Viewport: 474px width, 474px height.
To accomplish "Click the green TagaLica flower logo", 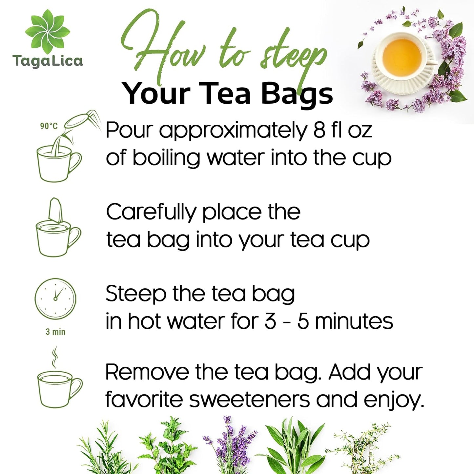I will coord(48,31).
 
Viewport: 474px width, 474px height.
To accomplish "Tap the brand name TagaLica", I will coord(48,61).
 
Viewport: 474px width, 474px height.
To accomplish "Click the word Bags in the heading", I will coord(297,94).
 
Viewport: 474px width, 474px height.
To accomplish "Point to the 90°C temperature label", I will coord(49,126).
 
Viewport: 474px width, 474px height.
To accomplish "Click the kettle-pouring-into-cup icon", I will coord(62,148).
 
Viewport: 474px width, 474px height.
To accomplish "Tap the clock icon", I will coord(55,298).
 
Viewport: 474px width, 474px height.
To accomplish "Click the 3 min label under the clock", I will coord(55,332).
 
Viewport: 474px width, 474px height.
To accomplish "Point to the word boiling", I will coord(166,158).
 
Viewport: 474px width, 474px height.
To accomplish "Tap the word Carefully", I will coord(151,213).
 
